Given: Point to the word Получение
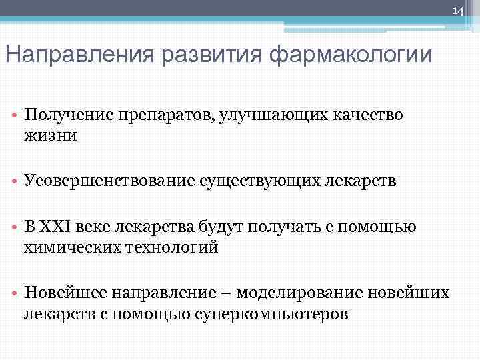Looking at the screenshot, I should (x=63, y=115).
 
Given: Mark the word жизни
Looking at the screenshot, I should (x=51, y=135).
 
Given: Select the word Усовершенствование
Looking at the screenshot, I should (x=109, y=181).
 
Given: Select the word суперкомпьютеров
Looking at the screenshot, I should (x=271, y=313).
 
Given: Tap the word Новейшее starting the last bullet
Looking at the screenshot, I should (x=67, y=293).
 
